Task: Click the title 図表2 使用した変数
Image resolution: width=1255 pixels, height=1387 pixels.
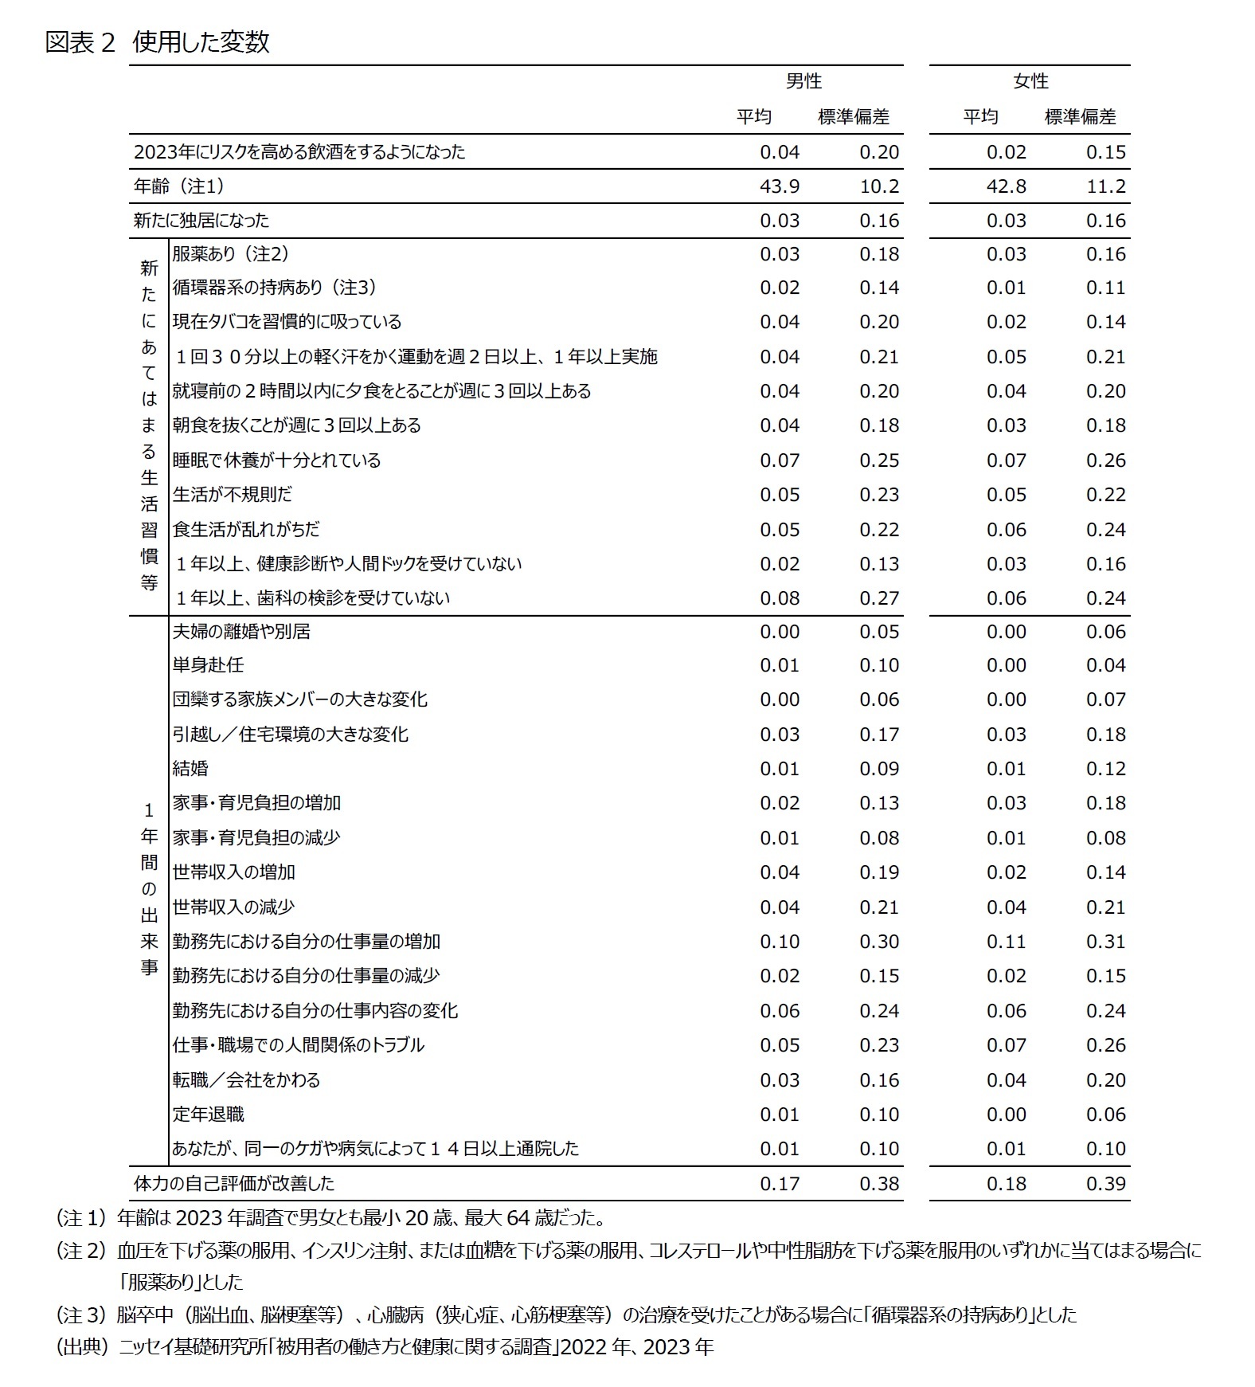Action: [x=158, y=41]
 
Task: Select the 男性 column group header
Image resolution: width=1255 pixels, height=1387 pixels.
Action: [x=803, y=81]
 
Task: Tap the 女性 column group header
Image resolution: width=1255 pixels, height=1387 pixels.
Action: [x=1030, y=81]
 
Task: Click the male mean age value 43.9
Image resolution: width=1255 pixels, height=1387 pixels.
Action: [x=780, y=186]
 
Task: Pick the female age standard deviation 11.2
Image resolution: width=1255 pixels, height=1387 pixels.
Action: [x=1105, y=186]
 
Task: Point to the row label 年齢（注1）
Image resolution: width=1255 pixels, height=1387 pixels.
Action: [x=179, y=186]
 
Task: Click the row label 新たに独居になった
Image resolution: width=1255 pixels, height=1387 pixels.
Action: [x=201, y=221]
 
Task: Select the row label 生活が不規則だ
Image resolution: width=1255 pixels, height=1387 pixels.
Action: [x=233, y=495]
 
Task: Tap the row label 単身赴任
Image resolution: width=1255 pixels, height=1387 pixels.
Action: [x=209, y=665]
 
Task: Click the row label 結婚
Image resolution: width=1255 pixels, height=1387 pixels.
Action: [x=190, y=769]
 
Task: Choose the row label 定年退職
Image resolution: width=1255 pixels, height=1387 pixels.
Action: [x=209, y=1115]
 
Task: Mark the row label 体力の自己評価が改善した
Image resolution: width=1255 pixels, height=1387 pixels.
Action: [x=234, y=1184]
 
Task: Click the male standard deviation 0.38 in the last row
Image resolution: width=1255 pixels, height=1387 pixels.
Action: [x=879, y=1184]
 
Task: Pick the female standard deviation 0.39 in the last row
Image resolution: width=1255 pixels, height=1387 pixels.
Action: [x=1105, y=1184]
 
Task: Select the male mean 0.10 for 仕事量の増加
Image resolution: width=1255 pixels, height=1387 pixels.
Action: [x=780, y=942]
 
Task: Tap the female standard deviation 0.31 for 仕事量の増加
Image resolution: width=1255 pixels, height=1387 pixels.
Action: [x=1105, y=942]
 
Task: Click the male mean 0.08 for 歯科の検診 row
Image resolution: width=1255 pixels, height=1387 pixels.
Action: [x=780, y=598]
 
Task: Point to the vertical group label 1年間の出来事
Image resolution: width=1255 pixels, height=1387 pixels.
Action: [x=149, y=889]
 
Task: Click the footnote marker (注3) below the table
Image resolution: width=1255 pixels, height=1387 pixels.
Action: [x=81, y=1314]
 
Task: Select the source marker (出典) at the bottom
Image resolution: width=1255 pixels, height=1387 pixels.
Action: [x=81, y=1347]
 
